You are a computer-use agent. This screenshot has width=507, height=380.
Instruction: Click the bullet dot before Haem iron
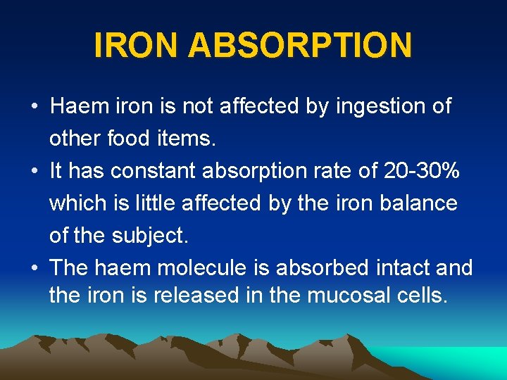point(34,108)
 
